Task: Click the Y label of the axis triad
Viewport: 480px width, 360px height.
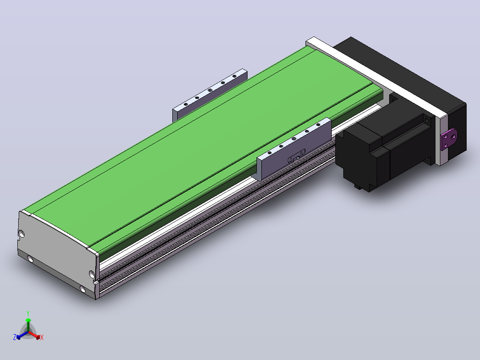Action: click(x=28, y=314)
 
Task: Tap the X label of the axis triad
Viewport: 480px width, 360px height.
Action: click(x=42, y=337)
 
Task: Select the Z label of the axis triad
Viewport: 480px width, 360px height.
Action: click(x=15, y=337)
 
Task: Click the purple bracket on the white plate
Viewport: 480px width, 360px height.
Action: click(x=449, y=139)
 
